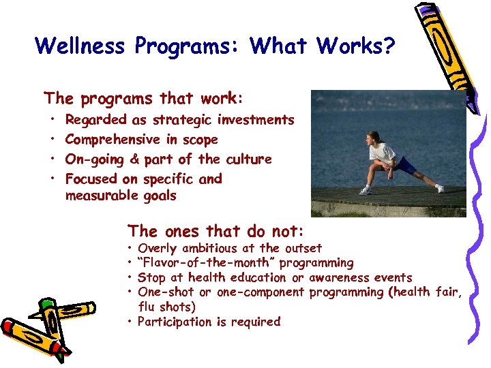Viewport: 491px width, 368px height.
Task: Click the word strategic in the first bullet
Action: click(x=183, y=120)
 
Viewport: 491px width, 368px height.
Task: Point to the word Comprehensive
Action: click(x=113, y=140)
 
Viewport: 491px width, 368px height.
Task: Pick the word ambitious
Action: click(x=212, y=248)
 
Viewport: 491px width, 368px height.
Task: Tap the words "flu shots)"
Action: click(x=166, y=307)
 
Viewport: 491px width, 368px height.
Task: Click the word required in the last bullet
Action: click(x=256, y=322)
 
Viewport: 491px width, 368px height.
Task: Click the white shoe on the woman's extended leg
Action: click(x=440, y=188)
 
